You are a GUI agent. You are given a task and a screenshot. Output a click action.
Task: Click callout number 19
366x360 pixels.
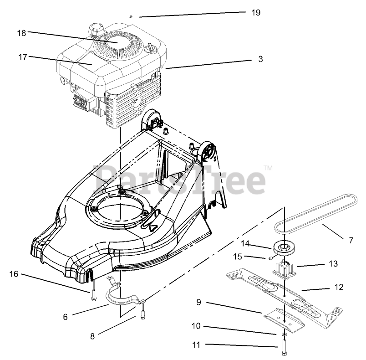(x=256, y=13)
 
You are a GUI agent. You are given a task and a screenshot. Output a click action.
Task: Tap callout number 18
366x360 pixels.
(x=21, y=33)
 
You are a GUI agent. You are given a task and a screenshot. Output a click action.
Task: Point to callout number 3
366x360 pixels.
(x=260, y=59)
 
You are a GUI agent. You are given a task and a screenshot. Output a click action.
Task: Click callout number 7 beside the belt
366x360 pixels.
(x=351, y=240)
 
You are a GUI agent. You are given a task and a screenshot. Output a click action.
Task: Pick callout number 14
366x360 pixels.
(x=245, y=243)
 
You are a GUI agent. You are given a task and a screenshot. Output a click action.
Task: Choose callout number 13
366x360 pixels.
(x=334, y=264)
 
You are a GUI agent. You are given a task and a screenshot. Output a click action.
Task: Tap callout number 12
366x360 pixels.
(x=339, y=287)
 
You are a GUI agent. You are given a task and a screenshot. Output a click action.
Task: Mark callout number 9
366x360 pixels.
(x=199, y=302)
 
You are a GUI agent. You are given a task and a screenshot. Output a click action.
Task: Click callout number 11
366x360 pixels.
(x=196, y=345)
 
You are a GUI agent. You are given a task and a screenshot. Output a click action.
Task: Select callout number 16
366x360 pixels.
(x=14, y=274)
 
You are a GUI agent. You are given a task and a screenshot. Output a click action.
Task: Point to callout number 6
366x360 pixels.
(x=65, y=317)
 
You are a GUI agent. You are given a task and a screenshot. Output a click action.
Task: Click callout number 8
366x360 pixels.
(x=92, y=336)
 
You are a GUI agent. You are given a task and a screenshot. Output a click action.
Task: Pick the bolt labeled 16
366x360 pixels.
(x=93, y=295)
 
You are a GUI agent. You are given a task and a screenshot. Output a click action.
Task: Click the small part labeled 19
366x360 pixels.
(x=131, y=16)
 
